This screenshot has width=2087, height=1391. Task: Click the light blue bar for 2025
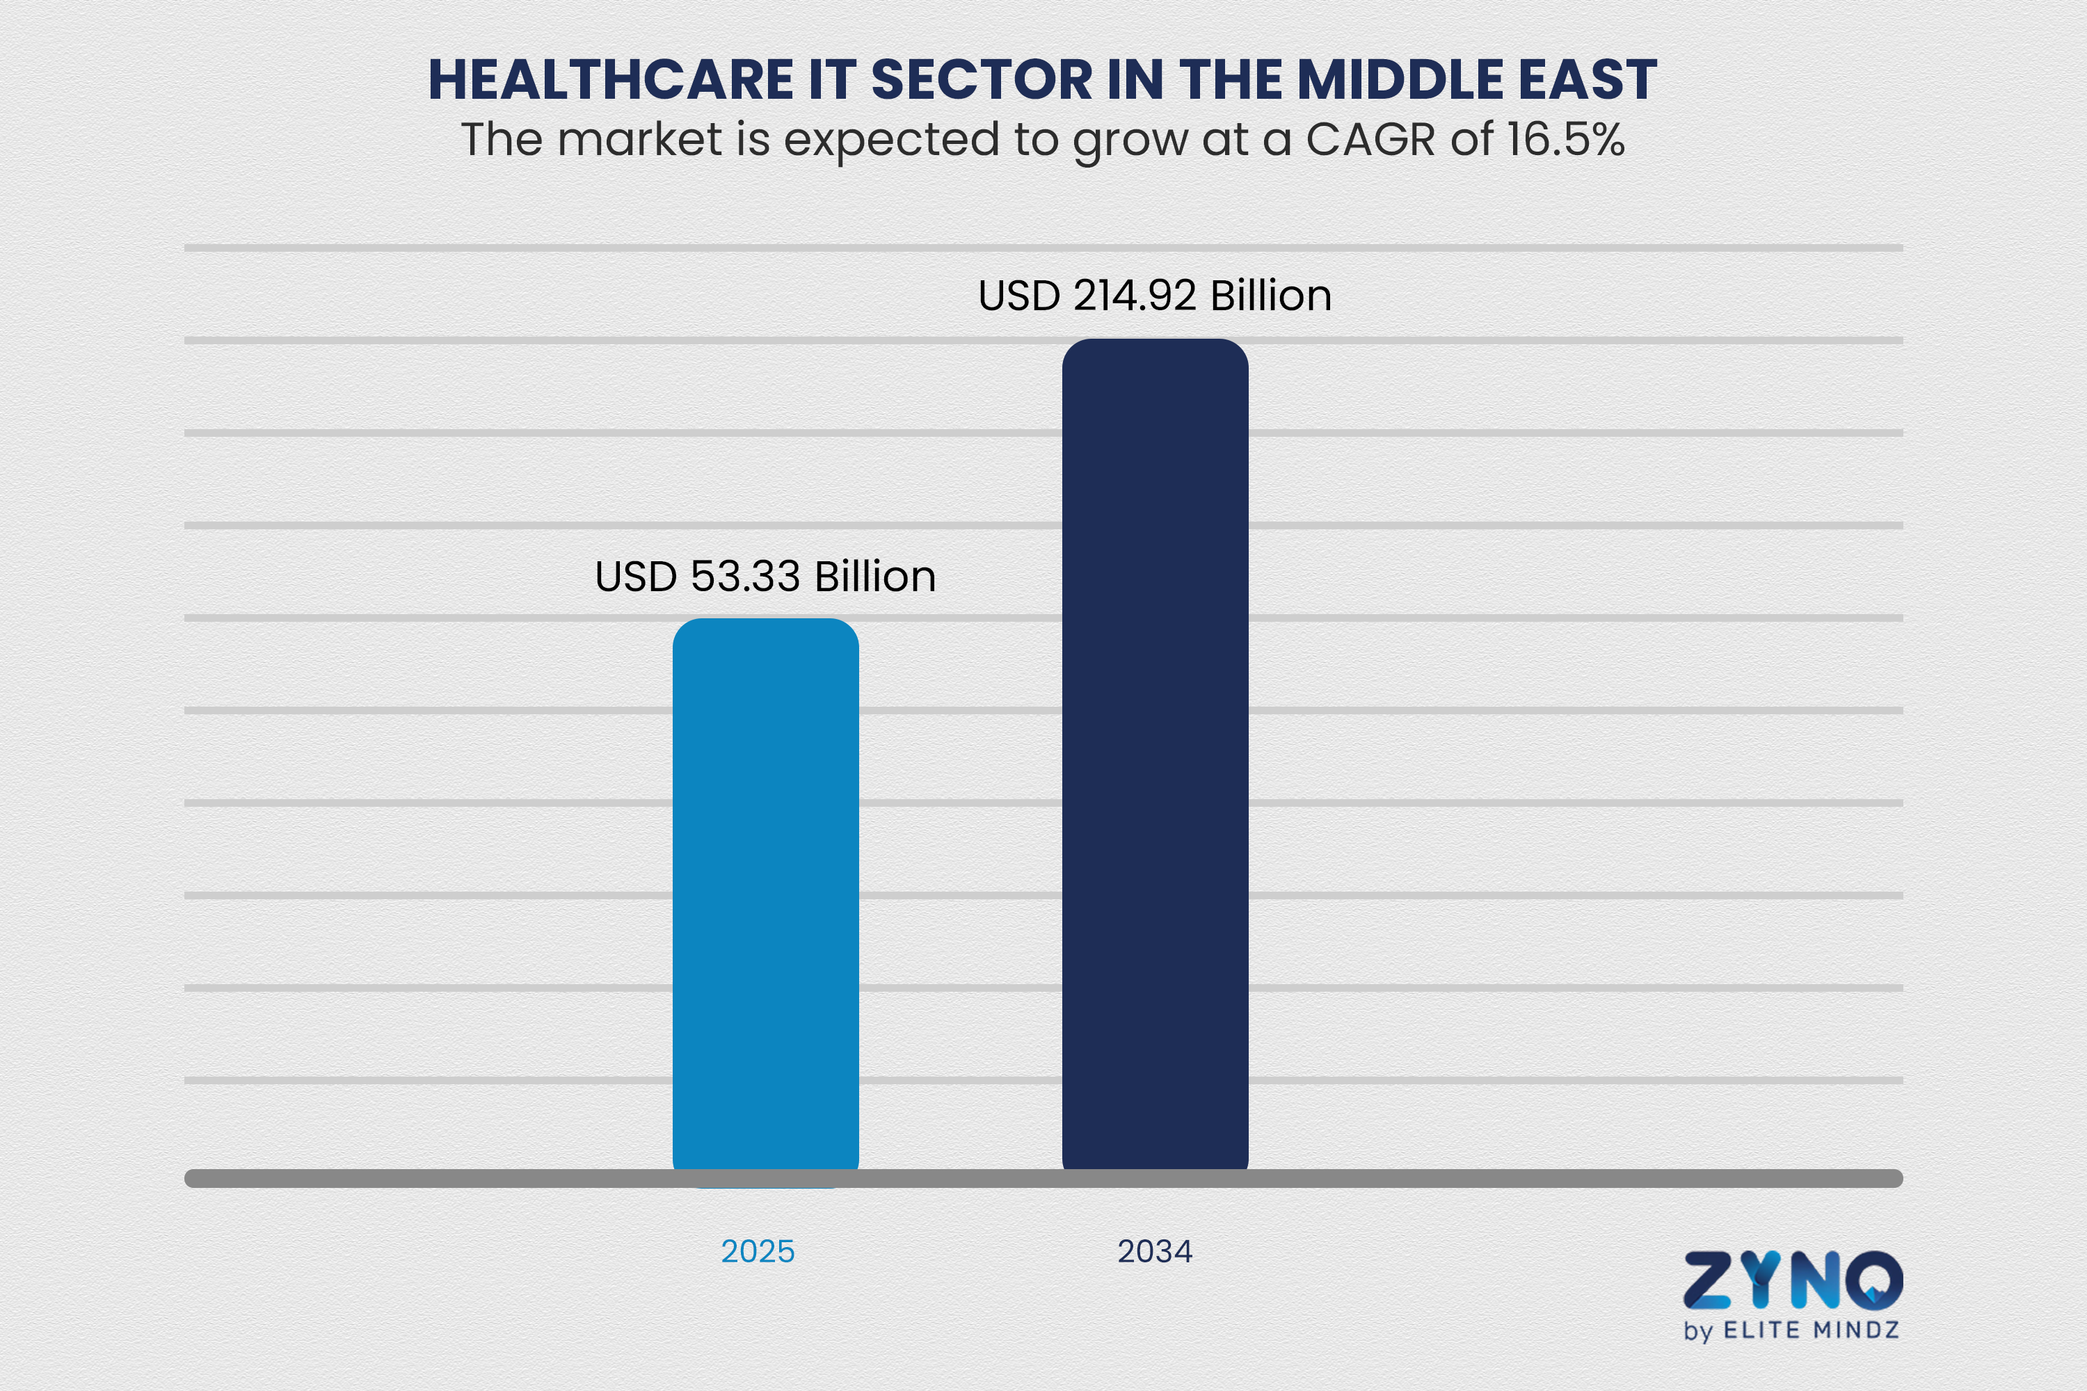click(x=765, y=896)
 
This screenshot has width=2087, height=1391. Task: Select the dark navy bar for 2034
click(x=1154, y=754)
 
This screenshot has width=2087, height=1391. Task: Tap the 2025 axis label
click(x=758, y=1251)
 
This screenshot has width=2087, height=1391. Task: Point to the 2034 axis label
click(x=1154, y=1251)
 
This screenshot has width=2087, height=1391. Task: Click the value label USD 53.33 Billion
click(x=765, y=577)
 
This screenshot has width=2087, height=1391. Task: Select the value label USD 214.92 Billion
click(x=1154, y=296)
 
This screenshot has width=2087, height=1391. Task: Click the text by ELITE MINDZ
click(x=1791, y=1330)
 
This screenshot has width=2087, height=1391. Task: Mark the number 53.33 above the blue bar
click(x=745, y=577)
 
